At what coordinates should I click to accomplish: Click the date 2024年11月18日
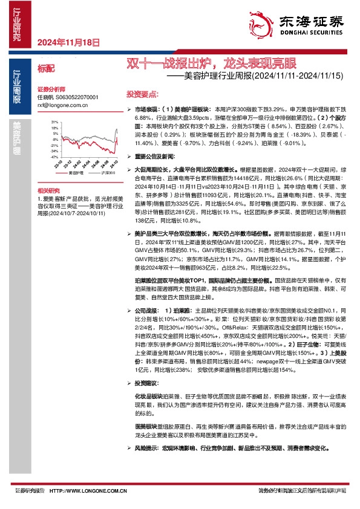point(68,42)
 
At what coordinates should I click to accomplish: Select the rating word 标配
point(46,70)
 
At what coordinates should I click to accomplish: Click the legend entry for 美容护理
point(76,173)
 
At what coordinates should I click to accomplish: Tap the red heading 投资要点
point(143,95)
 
